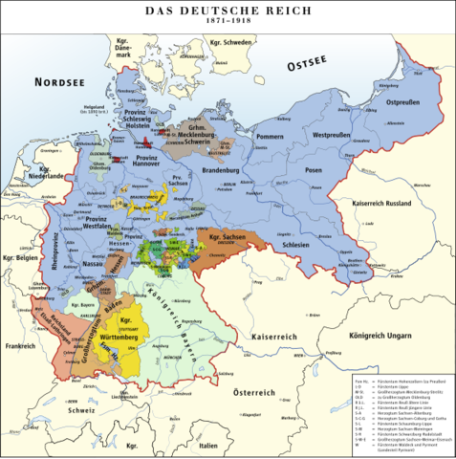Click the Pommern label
[271, 138]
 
